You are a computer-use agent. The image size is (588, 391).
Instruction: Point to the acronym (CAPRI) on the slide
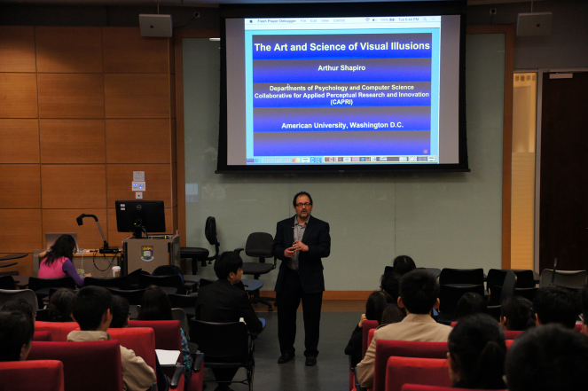click(342, 102)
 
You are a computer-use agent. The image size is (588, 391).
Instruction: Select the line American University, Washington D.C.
click(342, 125)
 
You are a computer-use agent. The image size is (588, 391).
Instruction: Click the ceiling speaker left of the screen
click(155, 25)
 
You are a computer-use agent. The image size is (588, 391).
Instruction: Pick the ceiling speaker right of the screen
click(534, 24)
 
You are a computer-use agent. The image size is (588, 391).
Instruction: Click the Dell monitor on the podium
click(140, 216)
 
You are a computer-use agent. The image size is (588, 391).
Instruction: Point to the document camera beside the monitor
click(92, 229)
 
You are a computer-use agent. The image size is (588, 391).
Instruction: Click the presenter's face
click(302, 205)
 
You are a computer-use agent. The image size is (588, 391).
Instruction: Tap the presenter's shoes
click(298, 358)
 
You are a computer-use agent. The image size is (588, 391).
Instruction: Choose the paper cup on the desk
click(116, 247)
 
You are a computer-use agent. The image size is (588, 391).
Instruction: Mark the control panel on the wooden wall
click(138, 182)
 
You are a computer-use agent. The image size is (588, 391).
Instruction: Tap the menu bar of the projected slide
click(342, 20)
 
